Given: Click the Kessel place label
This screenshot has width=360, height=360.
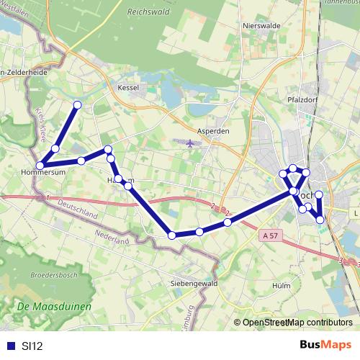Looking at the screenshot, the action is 127,87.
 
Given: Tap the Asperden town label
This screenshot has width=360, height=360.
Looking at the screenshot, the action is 212,132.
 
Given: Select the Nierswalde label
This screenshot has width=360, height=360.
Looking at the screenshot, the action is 261,24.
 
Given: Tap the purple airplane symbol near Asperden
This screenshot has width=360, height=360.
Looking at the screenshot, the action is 189,143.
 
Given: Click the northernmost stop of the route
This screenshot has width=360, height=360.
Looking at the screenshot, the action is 77,105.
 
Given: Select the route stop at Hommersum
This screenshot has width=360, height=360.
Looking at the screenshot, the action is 40,166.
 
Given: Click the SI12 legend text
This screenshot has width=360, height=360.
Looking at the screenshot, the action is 32,346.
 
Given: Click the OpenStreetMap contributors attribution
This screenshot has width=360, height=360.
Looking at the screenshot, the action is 296,323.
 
